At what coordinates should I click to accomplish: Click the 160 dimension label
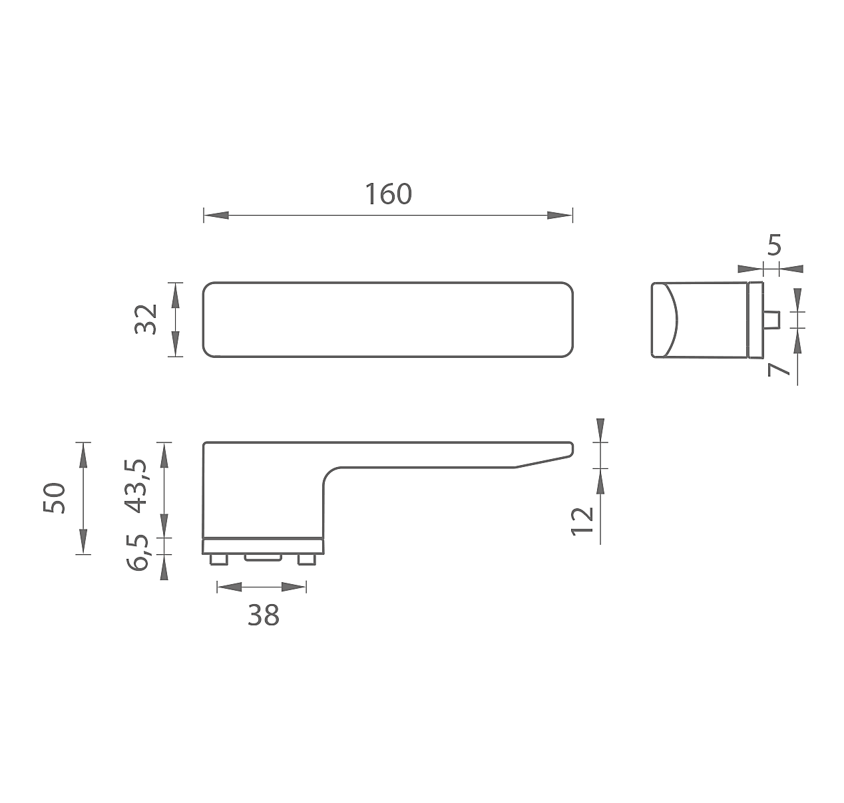pos(388,194)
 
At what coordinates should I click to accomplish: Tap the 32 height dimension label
pos(146,319)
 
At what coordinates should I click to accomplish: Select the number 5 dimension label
pos(774,245)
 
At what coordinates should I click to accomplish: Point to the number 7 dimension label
pos(778,369)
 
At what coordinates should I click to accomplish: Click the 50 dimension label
pos(55,498)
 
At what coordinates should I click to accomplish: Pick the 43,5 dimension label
pos(136,486)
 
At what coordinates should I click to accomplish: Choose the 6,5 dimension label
pos(138,552)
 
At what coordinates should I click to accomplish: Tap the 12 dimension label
pos(582,521)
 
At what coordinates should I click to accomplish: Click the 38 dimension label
pos(264,615)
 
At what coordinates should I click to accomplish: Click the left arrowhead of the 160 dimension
pos(216,215)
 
